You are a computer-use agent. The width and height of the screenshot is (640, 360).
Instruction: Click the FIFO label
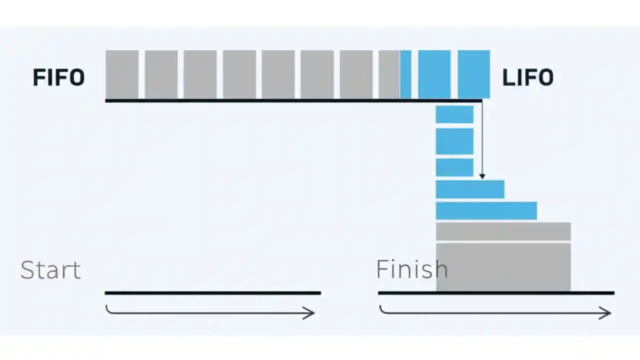point(58,77)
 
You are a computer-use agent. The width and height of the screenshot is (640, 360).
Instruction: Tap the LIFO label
point(527,77)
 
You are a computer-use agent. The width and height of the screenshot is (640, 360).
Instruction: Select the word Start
point(50,270)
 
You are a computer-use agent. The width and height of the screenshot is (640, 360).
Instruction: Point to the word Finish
point(411,269)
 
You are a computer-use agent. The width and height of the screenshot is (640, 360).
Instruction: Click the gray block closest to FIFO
point(121,74)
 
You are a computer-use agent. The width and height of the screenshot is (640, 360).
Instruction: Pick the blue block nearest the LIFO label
point(473,74)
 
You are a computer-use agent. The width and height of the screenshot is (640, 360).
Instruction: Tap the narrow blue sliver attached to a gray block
point(405,74)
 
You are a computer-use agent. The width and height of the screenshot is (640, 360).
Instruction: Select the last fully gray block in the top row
point(356,74)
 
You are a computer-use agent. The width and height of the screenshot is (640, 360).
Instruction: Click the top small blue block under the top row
point(454,114)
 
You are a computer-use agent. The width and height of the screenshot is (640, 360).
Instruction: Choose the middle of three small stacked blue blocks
point(454,141)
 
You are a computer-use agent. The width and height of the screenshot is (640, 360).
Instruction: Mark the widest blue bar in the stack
point(486,210)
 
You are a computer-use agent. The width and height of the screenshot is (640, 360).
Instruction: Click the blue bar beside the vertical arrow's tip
point(469,189)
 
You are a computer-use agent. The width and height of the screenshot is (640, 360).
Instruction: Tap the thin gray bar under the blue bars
point(503,231)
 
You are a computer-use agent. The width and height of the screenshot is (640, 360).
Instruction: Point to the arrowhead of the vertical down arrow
point(482,175)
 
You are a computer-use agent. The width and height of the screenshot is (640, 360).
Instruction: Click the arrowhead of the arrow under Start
point(311,313)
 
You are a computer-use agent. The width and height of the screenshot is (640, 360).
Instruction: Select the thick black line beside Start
point(212,293)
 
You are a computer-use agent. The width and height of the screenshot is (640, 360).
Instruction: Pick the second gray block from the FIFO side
point(161,74)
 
